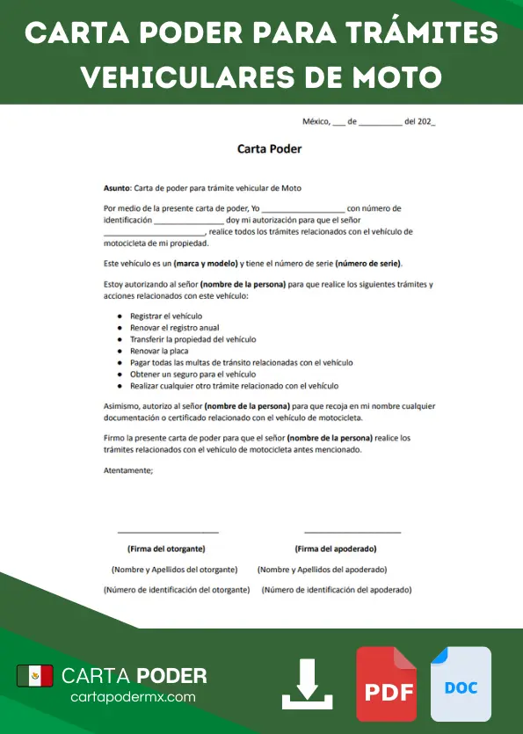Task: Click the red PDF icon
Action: click(x=387, y=685)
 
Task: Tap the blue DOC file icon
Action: click(x=461, y=685)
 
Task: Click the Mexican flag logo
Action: click(x=35, y=675)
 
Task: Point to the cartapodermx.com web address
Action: click(x=133, y=696)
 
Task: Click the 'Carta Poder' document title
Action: click(x=270, y=149)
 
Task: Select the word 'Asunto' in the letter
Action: click(x=116, y=188)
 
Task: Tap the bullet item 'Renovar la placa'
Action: click(x=159, y=351)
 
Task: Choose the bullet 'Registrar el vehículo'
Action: click(x=166, y=316)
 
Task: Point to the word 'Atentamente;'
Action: click(x=128, y=470)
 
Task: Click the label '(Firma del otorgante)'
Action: click(x=166, y=549)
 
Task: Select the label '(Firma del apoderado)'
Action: click(x=336, y=549)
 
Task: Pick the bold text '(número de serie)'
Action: click(x=367, y=264)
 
